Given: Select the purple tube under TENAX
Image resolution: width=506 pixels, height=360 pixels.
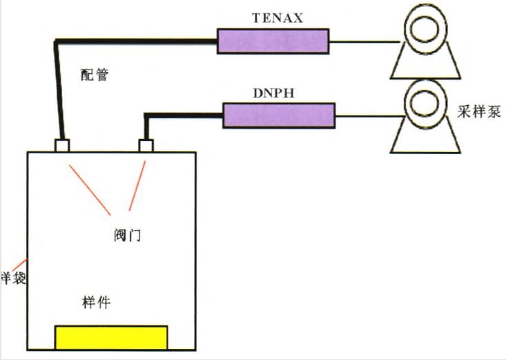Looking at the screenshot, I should [x=272, y=41].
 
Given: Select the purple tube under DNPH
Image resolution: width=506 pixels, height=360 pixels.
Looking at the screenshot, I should [x=279, y=115].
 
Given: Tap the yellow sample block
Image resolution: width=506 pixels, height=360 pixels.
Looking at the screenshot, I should [x=111, y=337].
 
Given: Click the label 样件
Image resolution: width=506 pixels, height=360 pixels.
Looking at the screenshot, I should [x=97, y=302].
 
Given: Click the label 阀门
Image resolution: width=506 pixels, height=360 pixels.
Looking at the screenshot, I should [x=127, y=235].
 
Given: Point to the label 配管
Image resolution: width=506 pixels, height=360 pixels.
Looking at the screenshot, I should [x=95, y=75].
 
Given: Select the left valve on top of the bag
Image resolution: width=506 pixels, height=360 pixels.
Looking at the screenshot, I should [x=62, y=146].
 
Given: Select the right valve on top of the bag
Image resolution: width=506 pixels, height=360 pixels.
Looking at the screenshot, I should [x=146, y=146].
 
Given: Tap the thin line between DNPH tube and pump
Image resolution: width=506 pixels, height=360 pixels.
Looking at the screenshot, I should [x=370, y=115].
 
